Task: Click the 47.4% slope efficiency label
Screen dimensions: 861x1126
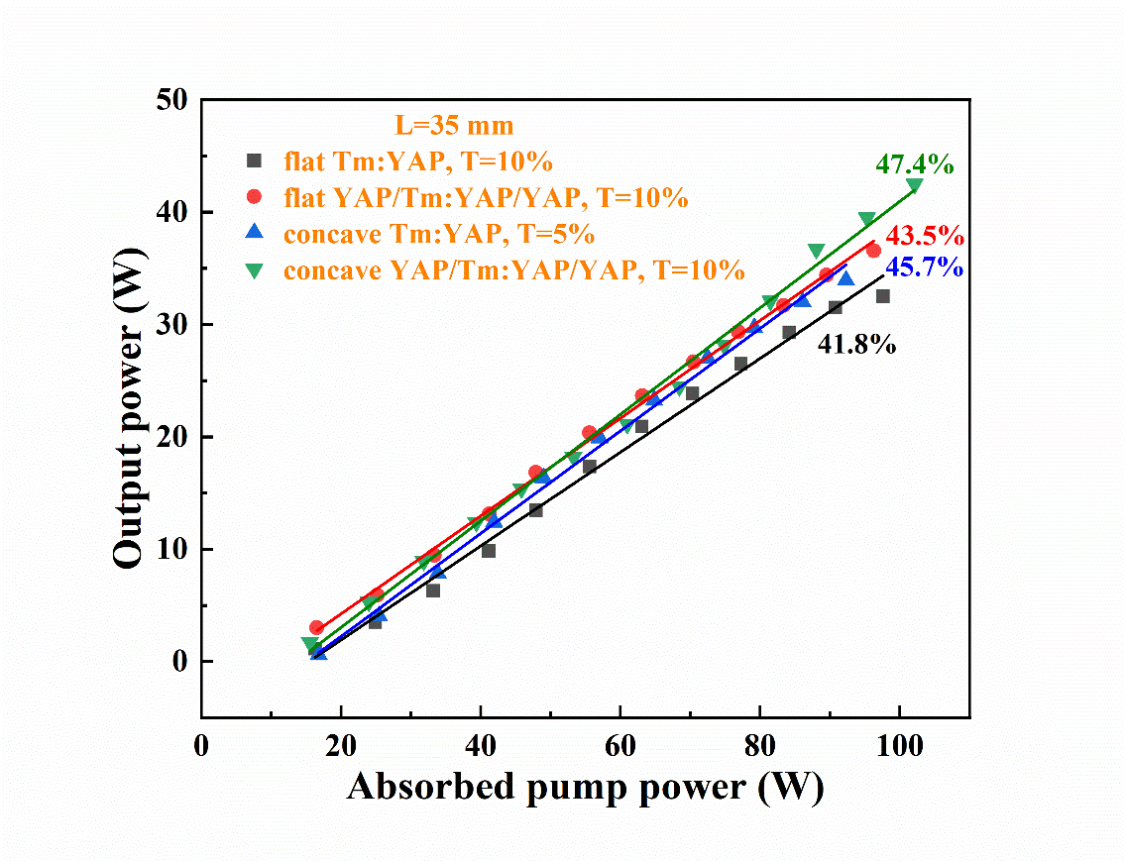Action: pyautogui.click(x=914, y=164)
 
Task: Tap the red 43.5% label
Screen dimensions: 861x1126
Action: pyautogui.click(x=924, y=237)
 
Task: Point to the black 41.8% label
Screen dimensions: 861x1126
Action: pyautogui.click(x=856, y=345)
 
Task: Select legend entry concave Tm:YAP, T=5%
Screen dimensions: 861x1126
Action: pyautogui.click(x=438, y=234)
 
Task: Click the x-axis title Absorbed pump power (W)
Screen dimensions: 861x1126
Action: pyautogui.click(x=585, y=787)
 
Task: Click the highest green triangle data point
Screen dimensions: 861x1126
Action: pyautogui.click(x=914, y=185)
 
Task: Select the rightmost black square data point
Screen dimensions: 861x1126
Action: pyautogui.click(x=882, y=296)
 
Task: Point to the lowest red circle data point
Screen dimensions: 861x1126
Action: pyautogui.click(x=316, y=627)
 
